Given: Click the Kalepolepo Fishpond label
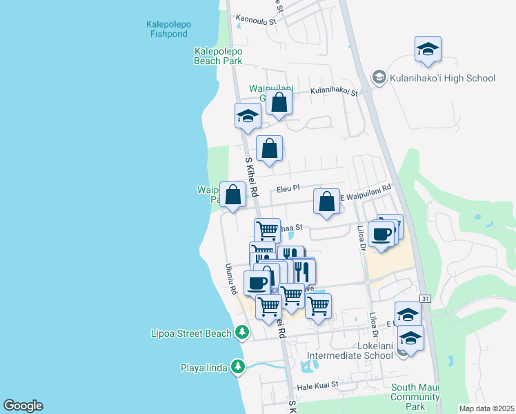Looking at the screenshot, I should coord(169,28).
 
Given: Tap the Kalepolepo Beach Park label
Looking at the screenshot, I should coord(218,56).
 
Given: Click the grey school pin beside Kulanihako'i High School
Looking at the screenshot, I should coord(379,78).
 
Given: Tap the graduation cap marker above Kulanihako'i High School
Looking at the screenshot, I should coord(428,50).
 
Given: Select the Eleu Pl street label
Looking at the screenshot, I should coord(288,188).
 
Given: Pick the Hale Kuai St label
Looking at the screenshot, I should coord(318,384).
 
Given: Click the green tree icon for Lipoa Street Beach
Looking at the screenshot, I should coord(241,333).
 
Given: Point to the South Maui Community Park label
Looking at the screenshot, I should coord(415,397).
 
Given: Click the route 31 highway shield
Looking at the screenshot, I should coord(426,298).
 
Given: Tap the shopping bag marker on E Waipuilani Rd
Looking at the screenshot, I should coord(327,201).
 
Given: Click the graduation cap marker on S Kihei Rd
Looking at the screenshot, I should coord(248,116).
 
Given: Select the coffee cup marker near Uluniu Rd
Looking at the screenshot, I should coord(257,282).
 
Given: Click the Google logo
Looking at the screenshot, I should coord(23,406).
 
